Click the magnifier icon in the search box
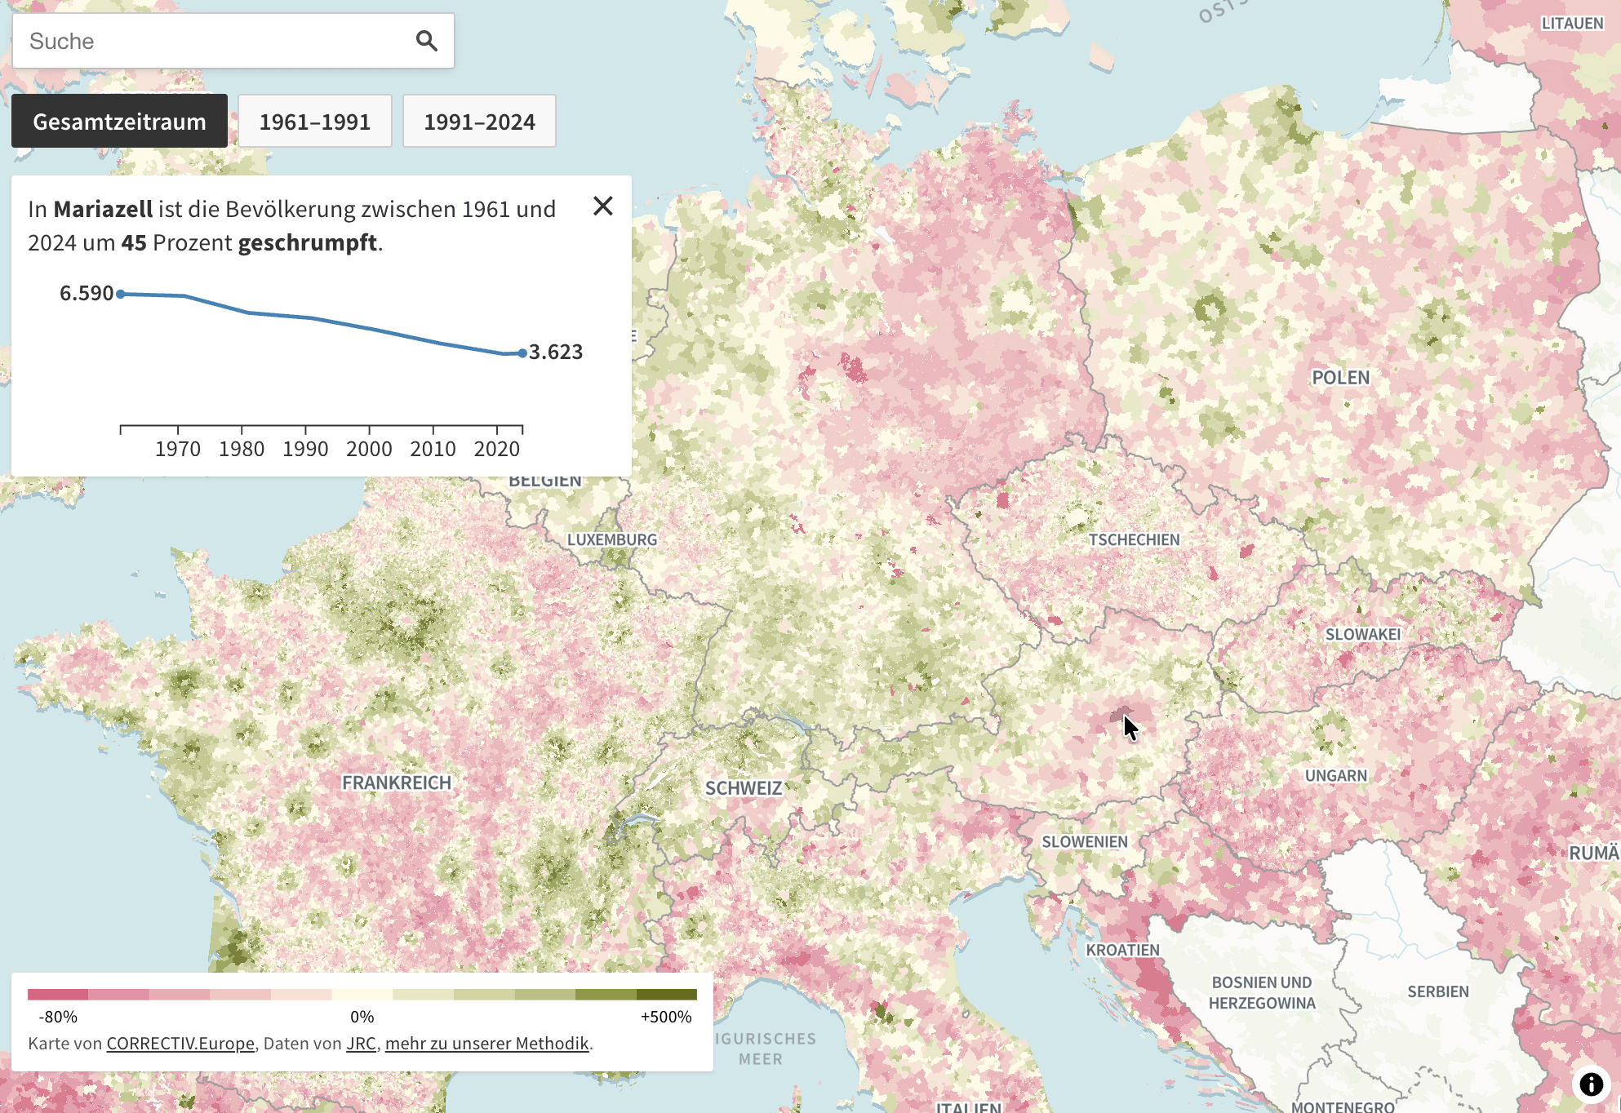[x=426, y=41]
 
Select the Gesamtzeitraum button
[x=119, y=122]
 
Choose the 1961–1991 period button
[x=315, y=122]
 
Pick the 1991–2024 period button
[x=479, y=122]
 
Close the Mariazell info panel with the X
[x=603, y=206]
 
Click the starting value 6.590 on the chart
[x=86, y=293]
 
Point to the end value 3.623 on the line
[x=556, y=352]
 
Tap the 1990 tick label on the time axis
[x=305, y=449]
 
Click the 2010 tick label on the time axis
[x=433, y=449]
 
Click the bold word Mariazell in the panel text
[x=103, y=209]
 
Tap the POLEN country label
[x=1340, y=378]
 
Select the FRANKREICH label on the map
[x=397, y=783]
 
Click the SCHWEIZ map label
[x=744, y=788]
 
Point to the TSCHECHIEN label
[x=1134, y=539]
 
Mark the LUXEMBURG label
[x=612, y=539]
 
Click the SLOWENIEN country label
[x=1085, y=841]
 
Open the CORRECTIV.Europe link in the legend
[x=180, y=1043]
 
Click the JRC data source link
[x=361, y=1043]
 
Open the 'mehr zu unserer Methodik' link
[x=486, y=1043]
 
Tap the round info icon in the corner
[x=1591, y=1084]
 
